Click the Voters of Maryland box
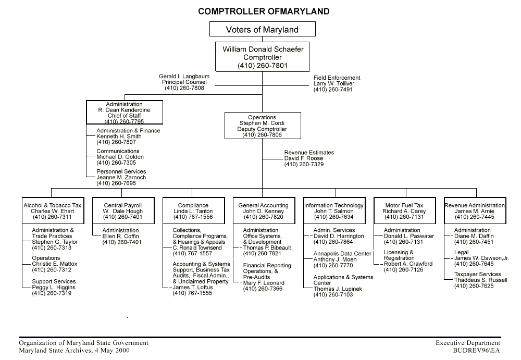tap(262, 29)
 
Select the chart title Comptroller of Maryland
tap(264, 11)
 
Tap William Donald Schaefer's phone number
tap(263, 66)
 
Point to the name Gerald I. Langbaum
tap(184, 77)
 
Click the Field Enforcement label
tap(337, 78)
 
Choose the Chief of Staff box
tap(125, 113)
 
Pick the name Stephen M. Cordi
tap(263, 123)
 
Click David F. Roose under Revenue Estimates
tap(304, 158)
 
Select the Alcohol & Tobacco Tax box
tap(53, 211)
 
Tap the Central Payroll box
tap(123, 211)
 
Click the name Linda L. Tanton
tap(193, 212)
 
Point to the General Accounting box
tap(263, 211)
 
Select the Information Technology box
tap(334, 211)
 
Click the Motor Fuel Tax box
tap(404, 211)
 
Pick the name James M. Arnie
tap(475, 212)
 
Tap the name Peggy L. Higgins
tap(54, 288)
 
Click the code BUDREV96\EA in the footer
tap(477, 350)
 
